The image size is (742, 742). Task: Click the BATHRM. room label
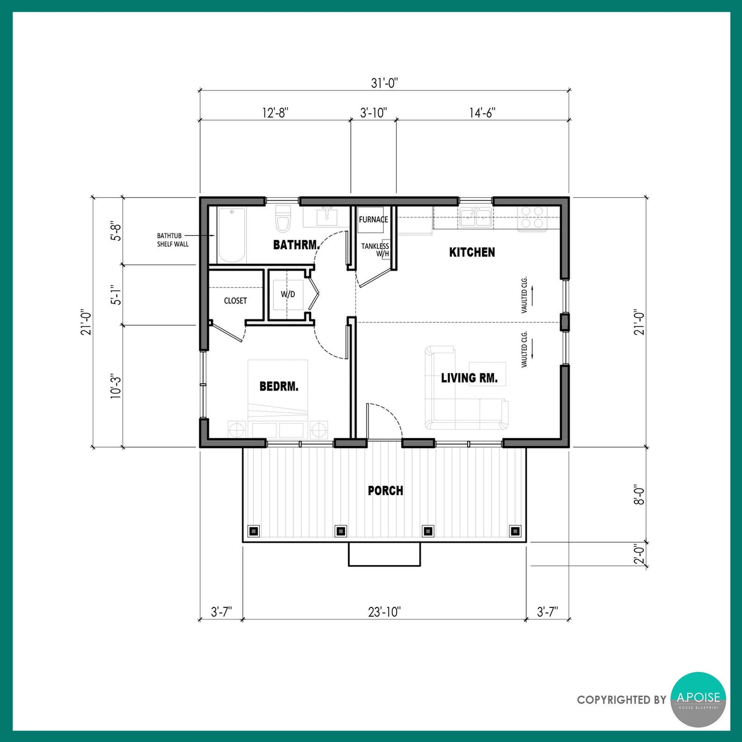tap(297, 244)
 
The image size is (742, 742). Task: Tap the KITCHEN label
tap(472, 252)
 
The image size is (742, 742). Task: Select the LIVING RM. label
tap(469, 378)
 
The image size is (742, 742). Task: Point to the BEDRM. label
tap(279, 386)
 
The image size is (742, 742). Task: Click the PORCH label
tap(385, 491)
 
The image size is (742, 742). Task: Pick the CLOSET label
tap(235, 300)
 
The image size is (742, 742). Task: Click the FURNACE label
tap(373, 219)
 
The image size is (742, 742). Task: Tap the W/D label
tap(288, 294)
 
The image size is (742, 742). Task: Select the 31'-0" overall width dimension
tap(384, 83)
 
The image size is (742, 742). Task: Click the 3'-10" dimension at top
tap(373, 113)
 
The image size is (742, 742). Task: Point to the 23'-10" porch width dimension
tap(385, 612)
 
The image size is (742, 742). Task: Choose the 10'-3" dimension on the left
tap(115, 385)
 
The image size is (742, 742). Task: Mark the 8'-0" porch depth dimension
tap(639, 494)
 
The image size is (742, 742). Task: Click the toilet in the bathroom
tap(282, 219)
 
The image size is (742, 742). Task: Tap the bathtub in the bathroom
tap(231, 235)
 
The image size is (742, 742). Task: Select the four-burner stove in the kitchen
tap(532, 218)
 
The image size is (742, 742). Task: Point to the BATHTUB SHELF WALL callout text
tap(173, 240)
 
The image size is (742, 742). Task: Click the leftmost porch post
tap(254, 531)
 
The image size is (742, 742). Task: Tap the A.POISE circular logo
tap(699, 699)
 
